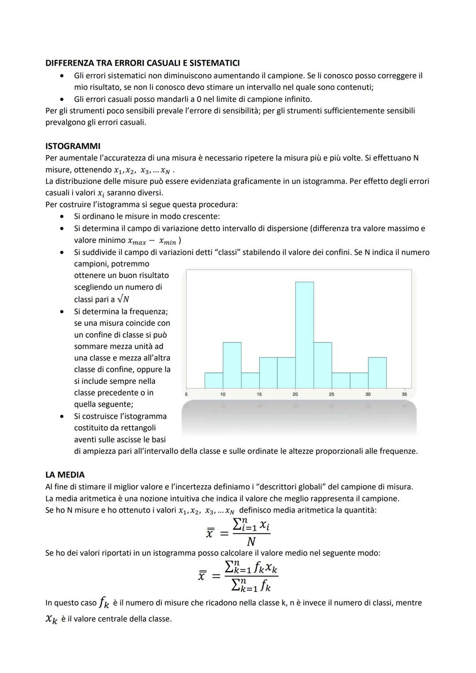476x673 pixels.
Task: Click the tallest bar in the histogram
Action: [305, 335]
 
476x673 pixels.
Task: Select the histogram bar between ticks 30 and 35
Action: [377, 373]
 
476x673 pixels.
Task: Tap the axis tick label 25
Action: [331, 394]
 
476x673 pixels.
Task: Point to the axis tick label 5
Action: [186, 394]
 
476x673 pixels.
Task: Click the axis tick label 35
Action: [404, 394]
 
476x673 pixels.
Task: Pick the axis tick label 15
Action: [259, 394]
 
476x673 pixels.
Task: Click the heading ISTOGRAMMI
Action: [73, 146]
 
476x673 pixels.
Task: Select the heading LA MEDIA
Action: [65, 475]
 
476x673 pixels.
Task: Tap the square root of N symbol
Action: [123, 299]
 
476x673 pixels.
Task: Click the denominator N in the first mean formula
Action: [251, 542]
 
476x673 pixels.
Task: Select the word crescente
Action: [201, 216]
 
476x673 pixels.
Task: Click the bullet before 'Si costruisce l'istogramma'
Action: [64, 416]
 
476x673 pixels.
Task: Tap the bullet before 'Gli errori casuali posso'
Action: [64, 99]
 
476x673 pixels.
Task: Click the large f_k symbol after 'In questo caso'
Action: [104, 602]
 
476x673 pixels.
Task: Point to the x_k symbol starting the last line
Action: [52, 619]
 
